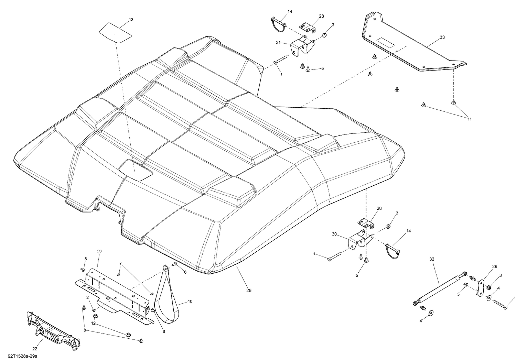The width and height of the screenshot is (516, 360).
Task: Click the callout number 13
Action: tap(131, 20)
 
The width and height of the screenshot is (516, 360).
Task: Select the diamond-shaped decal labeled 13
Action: tap(116, 33)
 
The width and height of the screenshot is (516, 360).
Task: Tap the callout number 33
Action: tap(442, 37)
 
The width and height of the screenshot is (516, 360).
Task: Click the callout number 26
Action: tap(249, 291)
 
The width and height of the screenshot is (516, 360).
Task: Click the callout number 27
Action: tap(100, 252)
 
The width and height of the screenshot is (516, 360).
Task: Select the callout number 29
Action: tap(495, 266)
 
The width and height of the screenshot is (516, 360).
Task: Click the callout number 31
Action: tap(278, 43)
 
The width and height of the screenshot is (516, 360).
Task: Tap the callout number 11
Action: tap(469, 119)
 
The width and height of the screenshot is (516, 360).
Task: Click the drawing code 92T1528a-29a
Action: tap(19, 356)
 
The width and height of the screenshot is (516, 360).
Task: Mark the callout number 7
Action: tap(120, 263)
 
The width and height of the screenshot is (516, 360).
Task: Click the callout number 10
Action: tap(190, 302)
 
